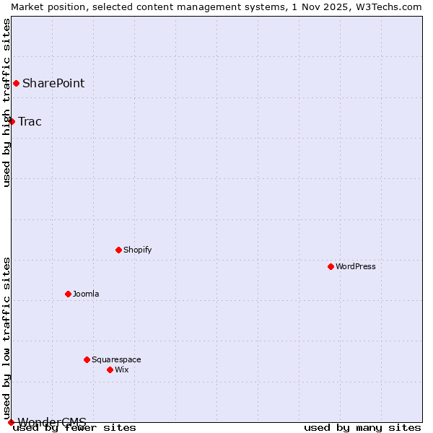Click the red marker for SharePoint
point(16,83)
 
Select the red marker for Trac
point(12,121)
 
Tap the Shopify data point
point(118,250)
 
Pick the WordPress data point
point(331,266)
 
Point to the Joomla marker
point(68,294)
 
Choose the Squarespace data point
point(87,359)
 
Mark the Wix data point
point(110,369)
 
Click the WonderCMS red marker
point(11,422)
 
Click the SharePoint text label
point(53,83)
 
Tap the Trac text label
point(30,121)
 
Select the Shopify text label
point(137,250)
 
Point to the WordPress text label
point(355,266)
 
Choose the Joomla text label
point(86,294)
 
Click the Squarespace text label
point(116,359)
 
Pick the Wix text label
point(121,369)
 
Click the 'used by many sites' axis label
point(362,428)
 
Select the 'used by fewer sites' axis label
point(75,428)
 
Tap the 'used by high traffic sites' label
point(6,102)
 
